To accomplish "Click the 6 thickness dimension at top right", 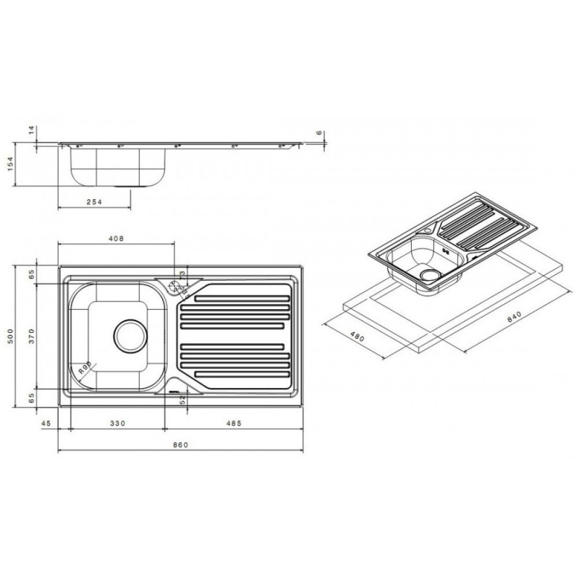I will [x=319, y=133].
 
